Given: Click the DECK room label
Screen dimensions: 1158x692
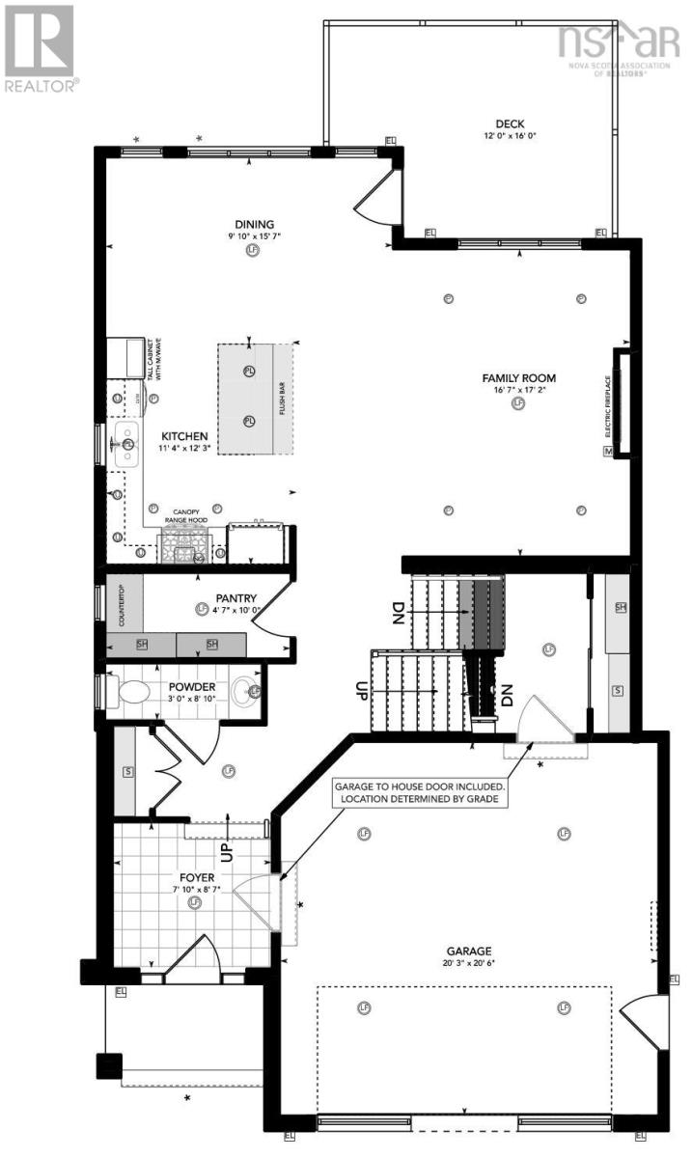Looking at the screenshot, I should click(x=510, y=123).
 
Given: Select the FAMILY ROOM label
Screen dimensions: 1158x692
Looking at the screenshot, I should click(x=519, y=378).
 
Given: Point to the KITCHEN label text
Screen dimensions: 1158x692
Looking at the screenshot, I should click(x=184, y=436).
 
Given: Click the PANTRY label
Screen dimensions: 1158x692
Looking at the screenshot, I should click(x=235, y=598).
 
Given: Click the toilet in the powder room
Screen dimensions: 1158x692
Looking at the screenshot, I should click(x=130, y=690).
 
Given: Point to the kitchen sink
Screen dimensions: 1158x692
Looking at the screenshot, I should click(x=125, y=444).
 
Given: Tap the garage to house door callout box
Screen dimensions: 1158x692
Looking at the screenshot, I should click(x=419, y=793).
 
